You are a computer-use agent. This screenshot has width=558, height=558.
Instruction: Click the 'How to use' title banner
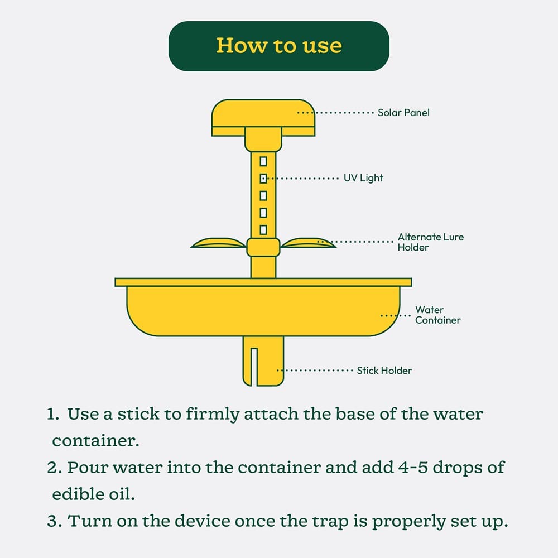[x=278, y=46]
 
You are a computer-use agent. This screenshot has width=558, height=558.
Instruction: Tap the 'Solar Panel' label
[x=403, y=113]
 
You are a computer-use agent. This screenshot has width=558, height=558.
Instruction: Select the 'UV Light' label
[x=363, y=178]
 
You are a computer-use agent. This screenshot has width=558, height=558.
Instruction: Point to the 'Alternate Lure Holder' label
[x=431, y=242]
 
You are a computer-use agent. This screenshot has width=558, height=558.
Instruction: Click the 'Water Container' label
[x=437, y=315]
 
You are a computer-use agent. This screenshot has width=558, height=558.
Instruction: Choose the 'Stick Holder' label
[x=384, y=371]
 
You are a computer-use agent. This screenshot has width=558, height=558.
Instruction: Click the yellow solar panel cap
[x=263, y=117]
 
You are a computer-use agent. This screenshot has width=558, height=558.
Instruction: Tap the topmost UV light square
[x=263, y=162]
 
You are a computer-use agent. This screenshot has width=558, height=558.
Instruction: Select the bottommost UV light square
[x=263, y=230]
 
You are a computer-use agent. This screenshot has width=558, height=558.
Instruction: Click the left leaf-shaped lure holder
[x=219, y=243]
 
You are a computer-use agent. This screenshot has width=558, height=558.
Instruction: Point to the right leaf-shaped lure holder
[x=308, y=243]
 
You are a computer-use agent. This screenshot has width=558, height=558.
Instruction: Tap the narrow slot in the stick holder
[x=254, y=367]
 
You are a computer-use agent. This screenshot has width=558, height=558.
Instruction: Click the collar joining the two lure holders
[x=263, y=247]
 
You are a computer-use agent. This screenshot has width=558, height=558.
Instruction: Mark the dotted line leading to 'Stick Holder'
[x=315, y=371]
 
